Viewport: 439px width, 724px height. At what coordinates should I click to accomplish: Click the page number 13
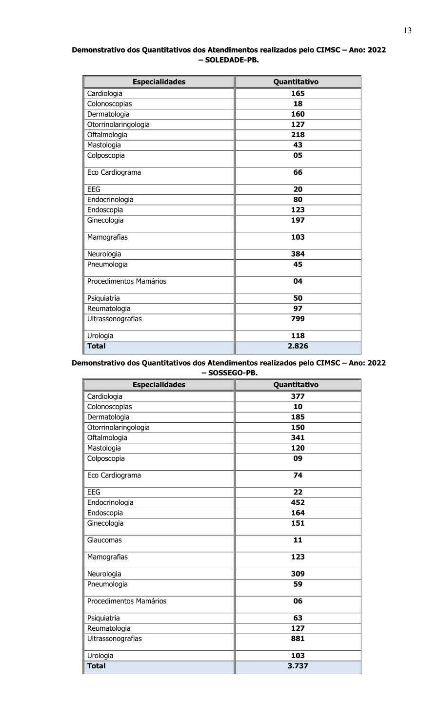pos(407,31)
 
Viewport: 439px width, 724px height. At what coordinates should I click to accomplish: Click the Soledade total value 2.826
pos(298,346)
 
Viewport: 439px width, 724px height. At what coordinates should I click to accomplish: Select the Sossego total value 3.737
pos(298,666)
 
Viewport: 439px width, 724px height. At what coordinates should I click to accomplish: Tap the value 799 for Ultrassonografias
pos(298,319)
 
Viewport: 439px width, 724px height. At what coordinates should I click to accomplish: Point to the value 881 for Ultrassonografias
pos(298,639)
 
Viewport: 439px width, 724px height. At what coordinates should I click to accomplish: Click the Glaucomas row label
pos(104,540)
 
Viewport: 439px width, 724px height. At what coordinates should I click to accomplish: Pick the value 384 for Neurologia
pos(298,254)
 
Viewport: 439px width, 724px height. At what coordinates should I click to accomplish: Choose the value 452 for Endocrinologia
pos(298,502)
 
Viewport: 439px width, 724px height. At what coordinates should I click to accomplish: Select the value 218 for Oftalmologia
pos(298,135)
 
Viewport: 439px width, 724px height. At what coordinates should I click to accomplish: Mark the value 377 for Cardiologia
pos(298,396)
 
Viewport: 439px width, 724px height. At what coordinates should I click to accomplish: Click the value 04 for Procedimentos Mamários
pos(298,281)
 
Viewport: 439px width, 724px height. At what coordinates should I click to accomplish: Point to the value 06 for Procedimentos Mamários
pos(298,601)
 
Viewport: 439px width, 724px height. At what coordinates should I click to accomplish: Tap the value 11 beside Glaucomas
pos(298,540)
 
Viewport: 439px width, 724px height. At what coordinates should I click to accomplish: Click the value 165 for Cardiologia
pos(298,93)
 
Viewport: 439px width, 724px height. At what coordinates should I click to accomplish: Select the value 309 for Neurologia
pos(298,574)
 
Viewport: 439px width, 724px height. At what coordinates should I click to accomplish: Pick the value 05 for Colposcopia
pos(298,155)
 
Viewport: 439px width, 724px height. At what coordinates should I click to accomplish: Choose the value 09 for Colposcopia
pos(298,458)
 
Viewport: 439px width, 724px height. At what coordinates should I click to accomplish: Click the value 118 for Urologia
pos(298,336)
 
